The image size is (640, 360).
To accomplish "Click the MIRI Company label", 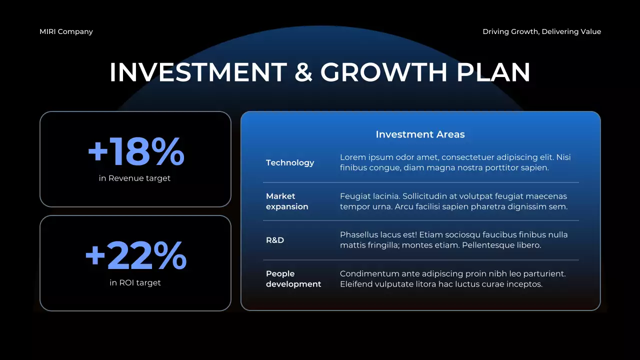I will tap(66, 31).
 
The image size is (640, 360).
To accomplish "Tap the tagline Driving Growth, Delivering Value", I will tap(541, 31).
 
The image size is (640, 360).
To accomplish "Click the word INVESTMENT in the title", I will tap(198, 72).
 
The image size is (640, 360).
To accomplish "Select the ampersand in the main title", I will tap(303, 72).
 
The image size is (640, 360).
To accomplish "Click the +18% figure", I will tap(135, 152).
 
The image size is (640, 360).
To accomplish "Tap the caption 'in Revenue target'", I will tap(134, 178).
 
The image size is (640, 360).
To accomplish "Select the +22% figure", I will tap(135, 256).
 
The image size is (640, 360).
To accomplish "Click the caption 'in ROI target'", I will tap(135, 283).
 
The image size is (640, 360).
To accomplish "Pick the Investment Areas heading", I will tap(420, 134).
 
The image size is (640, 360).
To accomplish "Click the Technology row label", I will tap(290, 163).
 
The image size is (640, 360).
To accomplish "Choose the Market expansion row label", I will tap(287, 201).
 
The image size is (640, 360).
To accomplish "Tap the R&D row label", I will tap(275, 240).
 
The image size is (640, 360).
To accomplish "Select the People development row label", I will tap(293, 279).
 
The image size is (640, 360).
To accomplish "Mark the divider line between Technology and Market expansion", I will tap(421, 182).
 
